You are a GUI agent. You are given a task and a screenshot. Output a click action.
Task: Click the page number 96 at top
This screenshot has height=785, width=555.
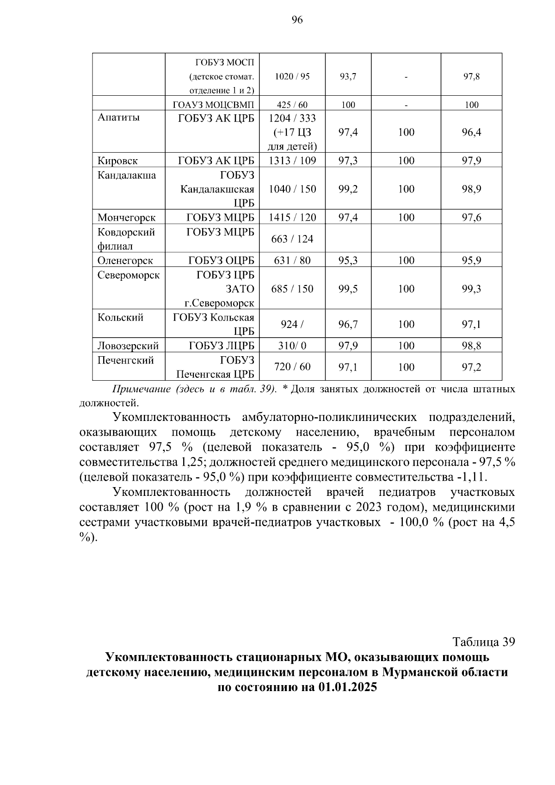[297, 19]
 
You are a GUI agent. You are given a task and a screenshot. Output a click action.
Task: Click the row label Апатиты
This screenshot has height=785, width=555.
[118, 117]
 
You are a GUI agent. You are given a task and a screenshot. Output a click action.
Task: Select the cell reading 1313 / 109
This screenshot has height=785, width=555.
[292, 161]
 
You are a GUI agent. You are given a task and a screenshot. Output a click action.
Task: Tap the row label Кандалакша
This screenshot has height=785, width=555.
[126, 175]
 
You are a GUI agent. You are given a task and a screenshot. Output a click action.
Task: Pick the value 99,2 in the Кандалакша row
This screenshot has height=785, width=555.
[348, 189]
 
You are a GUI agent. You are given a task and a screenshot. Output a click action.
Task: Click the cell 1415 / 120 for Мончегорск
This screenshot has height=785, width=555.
[292, 217]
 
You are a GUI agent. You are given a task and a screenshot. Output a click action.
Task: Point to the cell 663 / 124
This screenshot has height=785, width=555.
[292, 239]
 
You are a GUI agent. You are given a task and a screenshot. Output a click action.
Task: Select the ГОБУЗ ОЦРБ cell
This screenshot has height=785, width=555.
[221, 260]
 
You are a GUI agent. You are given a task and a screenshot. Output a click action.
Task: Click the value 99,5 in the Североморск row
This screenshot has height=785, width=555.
[348, 289]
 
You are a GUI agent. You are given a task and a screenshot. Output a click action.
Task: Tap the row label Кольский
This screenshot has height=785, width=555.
[120, 317]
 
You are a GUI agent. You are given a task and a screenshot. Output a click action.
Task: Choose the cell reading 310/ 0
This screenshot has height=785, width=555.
[292, 346]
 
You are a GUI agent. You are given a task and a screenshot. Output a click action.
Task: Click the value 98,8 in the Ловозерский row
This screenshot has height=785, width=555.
[471, 346]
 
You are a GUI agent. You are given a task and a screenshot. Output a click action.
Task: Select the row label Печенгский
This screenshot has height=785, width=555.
[125, 360]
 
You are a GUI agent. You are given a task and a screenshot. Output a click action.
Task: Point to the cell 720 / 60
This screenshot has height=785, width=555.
[292, 367]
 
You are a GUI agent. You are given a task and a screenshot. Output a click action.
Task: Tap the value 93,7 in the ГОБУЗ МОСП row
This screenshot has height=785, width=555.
[348, 77]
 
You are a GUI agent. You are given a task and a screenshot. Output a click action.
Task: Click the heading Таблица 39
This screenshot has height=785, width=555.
[484, 642]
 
